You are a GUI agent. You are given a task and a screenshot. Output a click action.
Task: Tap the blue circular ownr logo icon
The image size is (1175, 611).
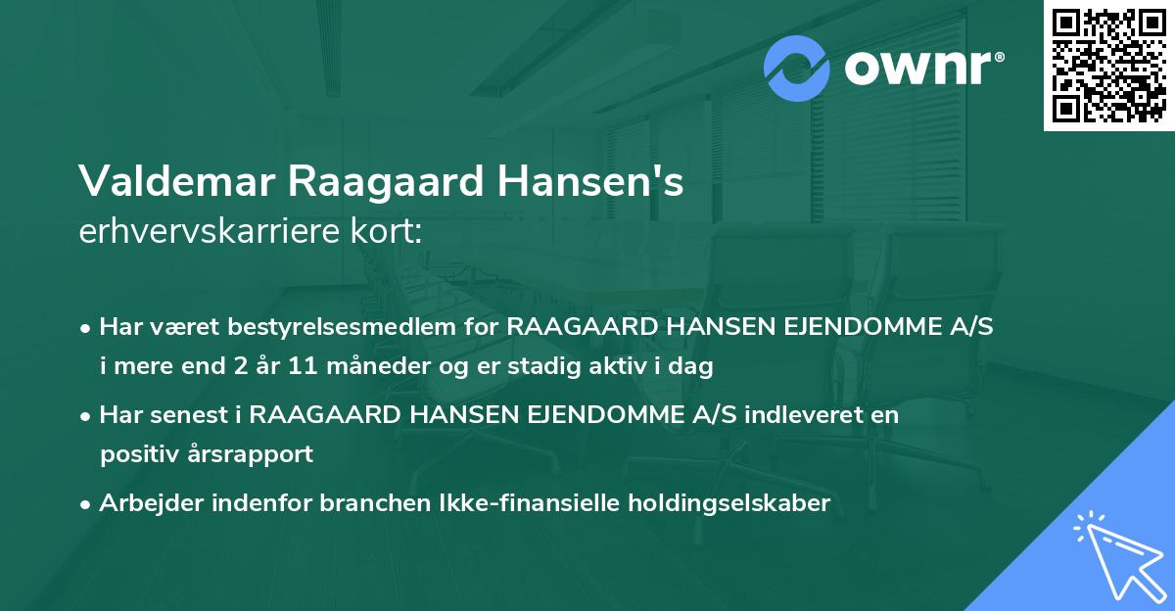click(x=797, y=68)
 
